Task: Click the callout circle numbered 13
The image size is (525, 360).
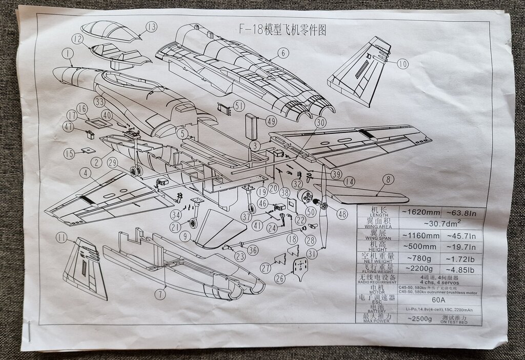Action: [151, 27]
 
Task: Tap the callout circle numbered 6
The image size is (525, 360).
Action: [282, 52]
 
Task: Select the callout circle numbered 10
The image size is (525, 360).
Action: [402, 64]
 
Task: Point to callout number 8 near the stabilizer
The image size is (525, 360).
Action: [388, 179]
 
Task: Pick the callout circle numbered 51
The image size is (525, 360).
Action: [239, 106]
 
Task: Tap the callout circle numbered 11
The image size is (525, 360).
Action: [62, 237]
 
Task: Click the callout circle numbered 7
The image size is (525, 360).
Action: [161, 294]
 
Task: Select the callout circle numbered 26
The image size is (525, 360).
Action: [279, 278]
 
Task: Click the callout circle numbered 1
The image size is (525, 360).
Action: [67, 53]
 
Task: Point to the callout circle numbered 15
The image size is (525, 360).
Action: [69, 153]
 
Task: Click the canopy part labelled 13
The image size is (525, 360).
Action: [110, 30]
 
